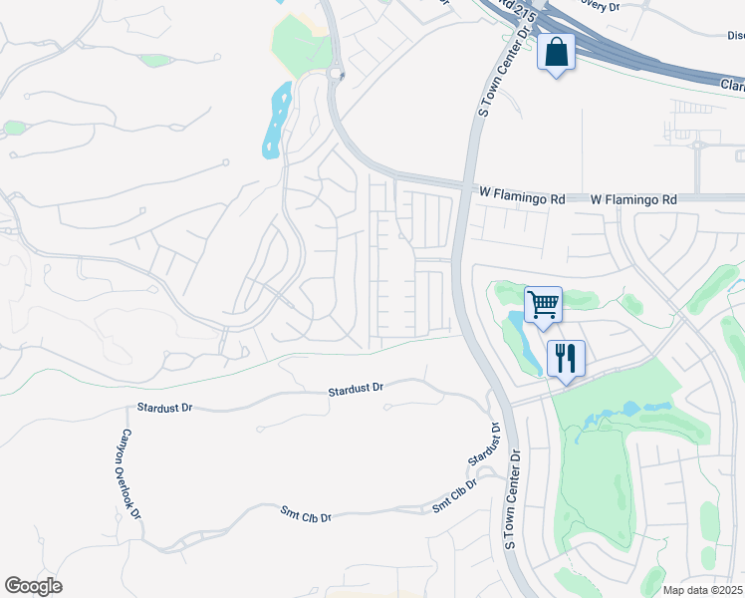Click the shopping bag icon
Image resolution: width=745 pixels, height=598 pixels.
click(556, 52)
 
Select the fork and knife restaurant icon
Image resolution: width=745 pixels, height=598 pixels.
click(565, 357)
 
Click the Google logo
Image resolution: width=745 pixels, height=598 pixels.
click(33, 586)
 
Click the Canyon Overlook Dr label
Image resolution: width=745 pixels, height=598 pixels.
click(130, 474)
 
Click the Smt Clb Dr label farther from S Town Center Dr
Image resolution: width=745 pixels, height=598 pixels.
click(305, 516)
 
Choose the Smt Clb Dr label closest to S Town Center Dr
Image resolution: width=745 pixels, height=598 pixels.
click(454, 495)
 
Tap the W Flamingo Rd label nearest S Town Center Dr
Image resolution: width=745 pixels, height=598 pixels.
click(522, 199)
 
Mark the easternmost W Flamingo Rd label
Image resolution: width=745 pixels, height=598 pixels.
click(633, 199)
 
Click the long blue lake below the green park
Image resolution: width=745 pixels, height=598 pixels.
click(276, 124)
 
